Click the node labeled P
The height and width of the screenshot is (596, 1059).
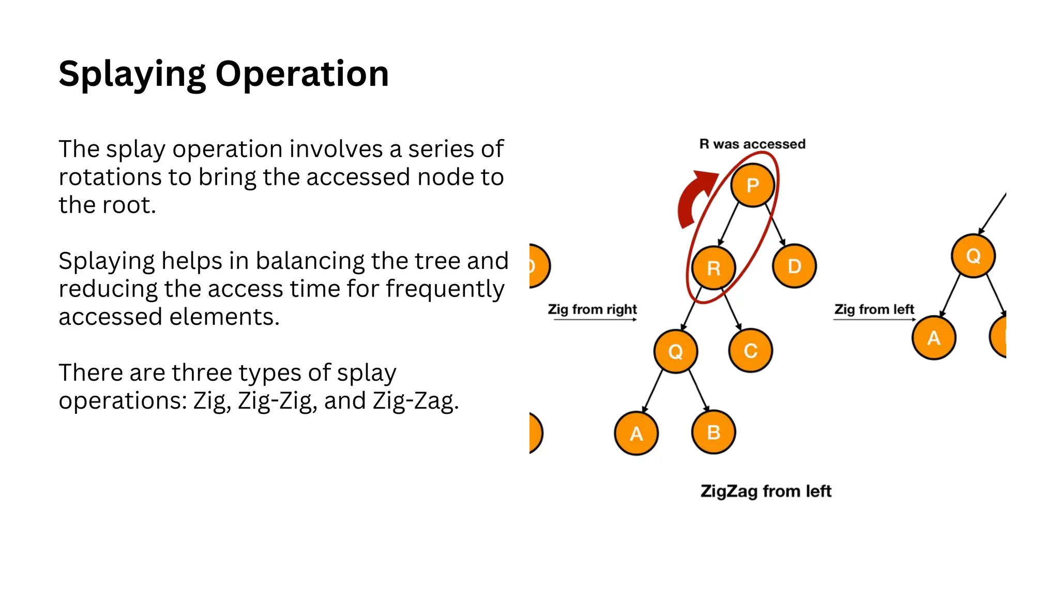[x=752, y=185]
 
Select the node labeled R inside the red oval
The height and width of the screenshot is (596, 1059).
[x=714, y=268]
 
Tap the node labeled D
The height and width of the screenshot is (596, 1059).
[x=794, y=266]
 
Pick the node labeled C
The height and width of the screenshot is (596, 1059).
[x=750, y=351]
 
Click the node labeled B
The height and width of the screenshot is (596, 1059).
[x=714, y=433]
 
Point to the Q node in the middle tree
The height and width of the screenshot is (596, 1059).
[x=675, y=351]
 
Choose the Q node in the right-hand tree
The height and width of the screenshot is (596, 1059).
[x=973, y=256]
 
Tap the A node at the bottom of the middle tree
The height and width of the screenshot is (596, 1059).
[x=636, y=434]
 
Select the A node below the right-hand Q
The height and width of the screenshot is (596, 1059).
[x=934, y=338]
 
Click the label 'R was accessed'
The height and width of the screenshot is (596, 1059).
[x=752, y=144]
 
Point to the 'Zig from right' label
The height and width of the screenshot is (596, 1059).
[x=592, y=309]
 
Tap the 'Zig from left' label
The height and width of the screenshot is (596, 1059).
[x=874, y=309]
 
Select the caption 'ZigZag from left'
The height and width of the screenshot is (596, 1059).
[x=766, y=491]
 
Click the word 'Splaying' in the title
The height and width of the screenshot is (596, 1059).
[x=132, y=74]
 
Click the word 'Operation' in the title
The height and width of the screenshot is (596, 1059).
[x=302, y=74]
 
